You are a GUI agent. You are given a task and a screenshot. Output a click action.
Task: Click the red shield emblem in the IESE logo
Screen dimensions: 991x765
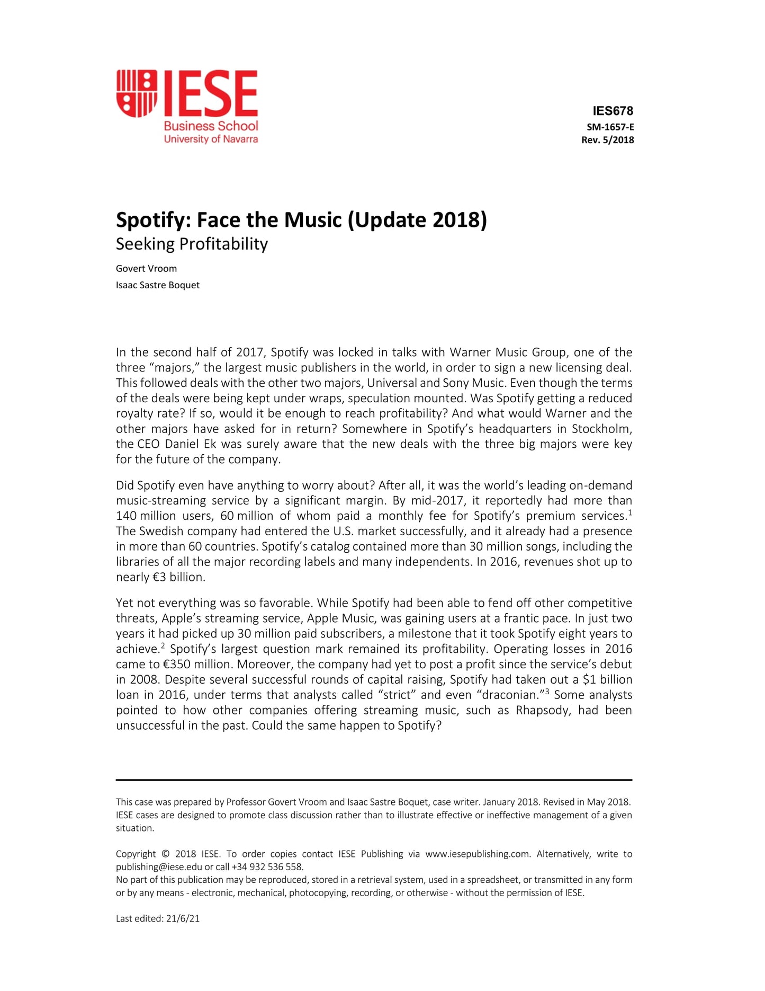137,93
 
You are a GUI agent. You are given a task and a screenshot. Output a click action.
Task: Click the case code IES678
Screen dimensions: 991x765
613,111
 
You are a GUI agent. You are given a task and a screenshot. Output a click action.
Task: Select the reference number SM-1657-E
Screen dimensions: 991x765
610,127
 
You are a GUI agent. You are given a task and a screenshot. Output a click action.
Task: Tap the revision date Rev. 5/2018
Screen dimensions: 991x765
607,140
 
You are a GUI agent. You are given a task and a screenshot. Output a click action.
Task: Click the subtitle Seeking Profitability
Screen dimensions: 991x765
192,244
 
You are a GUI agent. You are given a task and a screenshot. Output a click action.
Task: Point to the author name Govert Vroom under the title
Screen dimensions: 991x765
146,269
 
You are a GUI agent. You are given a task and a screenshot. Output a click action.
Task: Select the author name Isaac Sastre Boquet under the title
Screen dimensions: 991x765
158,285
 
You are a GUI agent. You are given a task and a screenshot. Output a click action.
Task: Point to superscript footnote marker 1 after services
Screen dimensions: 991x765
630,512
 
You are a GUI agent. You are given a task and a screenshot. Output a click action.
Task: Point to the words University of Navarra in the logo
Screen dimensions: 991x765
211,139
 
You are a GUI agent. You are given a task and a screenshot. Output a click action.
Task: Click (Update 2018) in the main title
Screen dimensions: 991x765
417,220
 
